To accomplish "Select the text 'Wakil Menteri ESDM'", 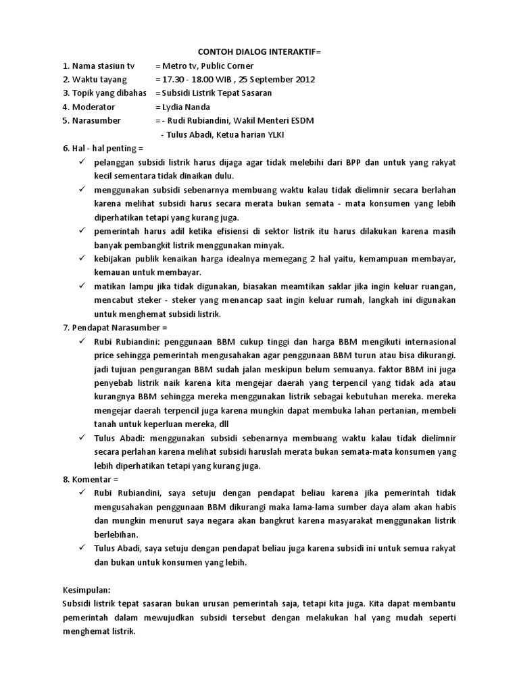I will (275, 120).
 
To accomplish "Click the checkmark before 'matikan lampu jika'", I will (82, 286).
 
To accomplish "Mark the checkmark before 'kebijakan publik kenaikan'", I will (82, 258).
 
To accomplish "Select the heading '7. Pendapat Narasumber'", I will (114, 328).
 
